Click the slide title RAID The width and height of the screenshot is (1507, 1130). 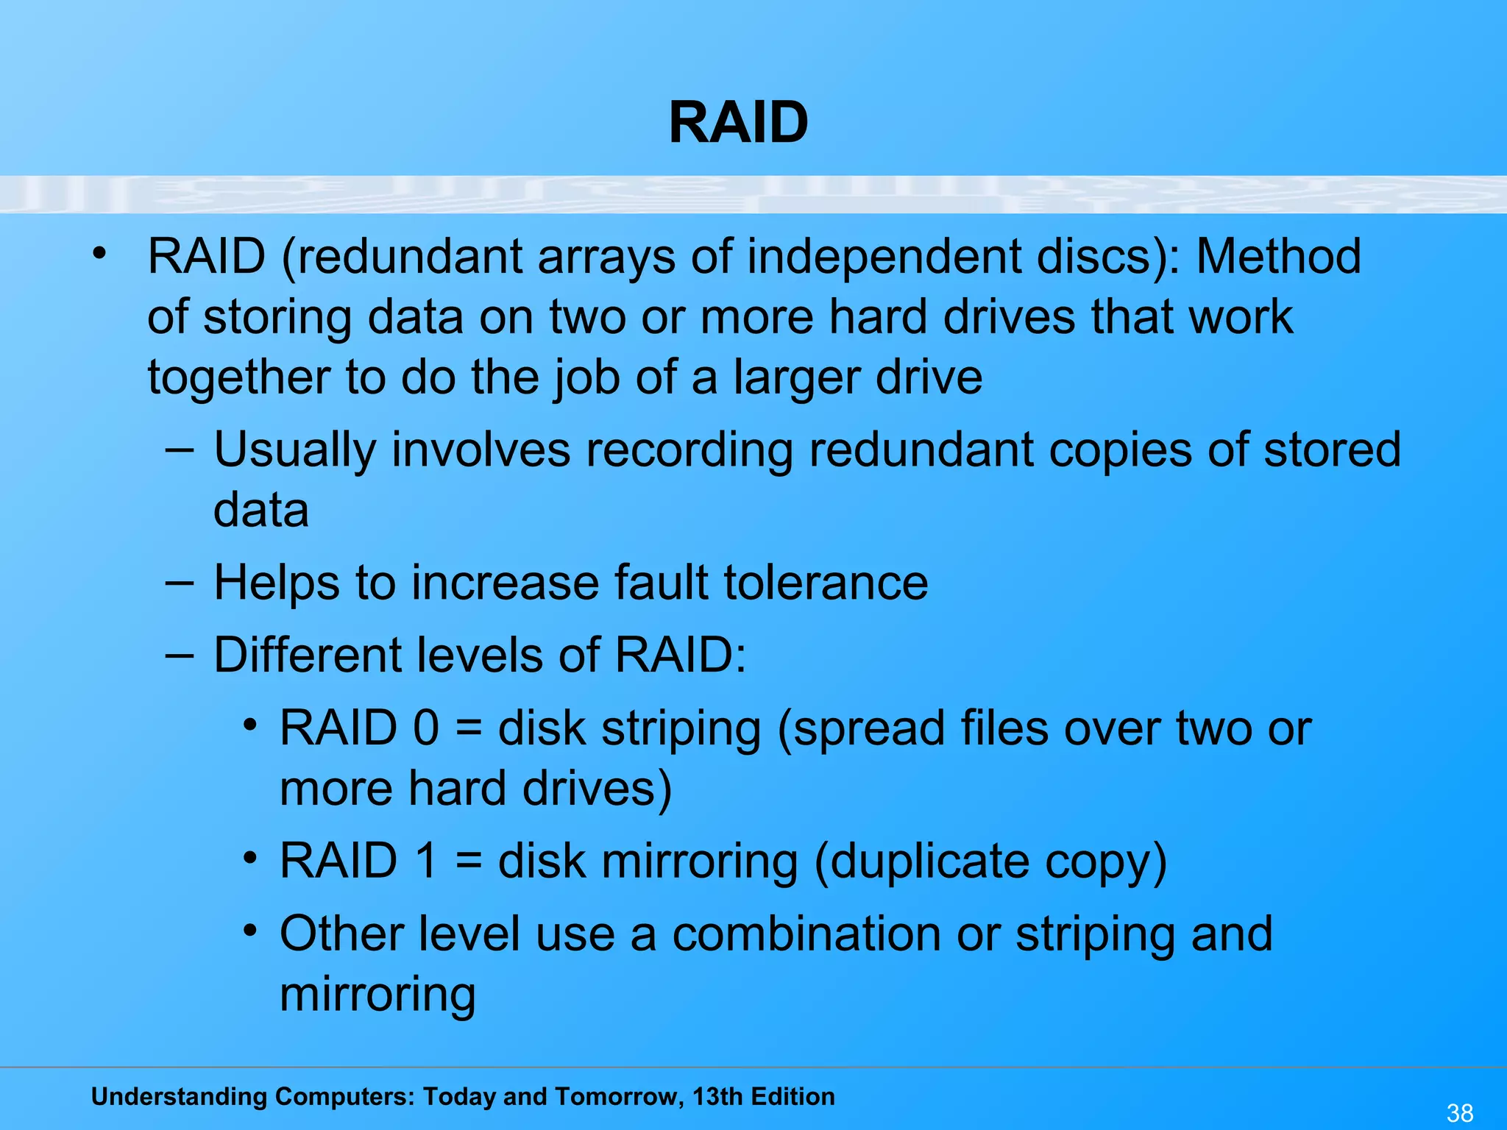click(x=738, y=123)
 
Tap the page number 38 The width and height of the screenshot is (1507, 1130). click(x=1460, y=1112)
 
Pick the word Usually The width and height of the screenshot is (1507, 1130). click(x=294, y=450)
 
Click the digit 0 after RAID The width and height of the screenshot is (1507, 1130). click(x=426, y=728)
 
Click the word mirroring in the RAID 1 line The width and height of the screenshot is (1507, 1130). click(x=699, y=862)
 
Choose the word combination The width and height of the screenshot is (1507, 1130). click(x=806, y=934)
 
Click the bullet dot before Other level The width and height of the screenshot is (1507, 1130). click(x=251, y=931)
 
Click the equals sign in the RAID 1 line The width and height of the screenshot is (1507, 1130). click(x=468, y=861)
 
